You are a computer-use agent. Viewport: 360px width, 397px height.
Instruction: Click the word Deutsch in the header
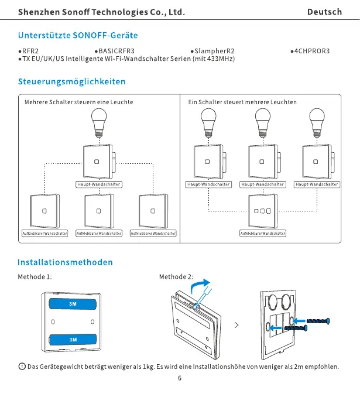tap(324, 12)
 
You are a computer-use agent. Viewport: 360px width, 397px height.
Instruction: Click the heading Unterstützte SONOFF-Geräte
tap(78, 35)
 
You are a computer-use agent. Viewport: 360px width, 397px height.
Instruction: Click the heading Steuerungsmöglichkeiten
tap(71, 81)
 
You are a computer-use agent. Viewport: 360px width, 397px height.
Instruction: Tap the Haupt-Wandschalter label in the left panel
tap(98, 184)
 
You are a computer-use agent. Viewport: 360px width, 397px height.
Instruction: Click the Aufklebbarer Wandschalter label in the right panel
tap(263, 234)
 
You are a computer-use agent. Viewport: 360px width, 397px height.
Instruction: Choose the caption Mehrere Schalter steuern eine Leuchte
tap(79, 102)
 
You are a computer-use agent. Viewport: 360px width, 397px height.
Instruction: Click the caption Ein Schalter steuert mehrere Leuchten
tap(242, 102)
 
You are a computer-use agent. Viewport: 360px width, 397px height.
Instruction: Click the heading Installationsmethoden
tap(65, 262)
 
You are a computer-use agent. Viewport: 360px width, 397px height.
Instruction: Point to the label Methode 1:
tap(35, 276)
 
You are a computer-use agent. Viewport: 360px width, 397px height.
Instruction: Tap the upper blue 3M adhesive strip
tap(73, 304)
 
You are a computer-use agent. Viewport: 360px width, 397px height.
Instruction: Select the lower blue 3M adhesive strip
tap(73, 339)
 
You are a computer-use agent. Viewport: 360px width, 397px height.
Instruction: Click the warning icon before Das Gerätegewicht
tap(22, 367)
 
